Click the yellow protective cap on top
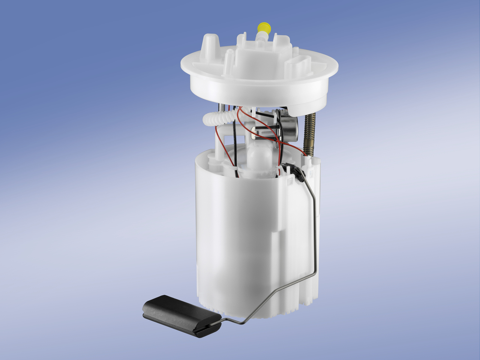pyautogui.click(x=264, y=27)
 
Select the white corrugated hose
pyautogui.click(x=217, y=117)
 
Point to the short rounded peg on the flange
pyautogui.click(x=228, y=62)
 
